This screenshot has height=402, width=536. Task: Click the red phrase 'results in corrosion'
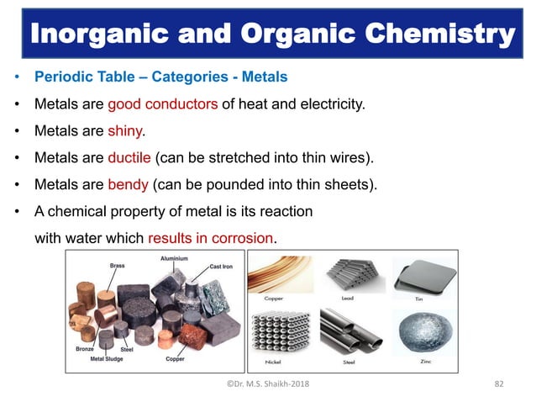click(211, 238)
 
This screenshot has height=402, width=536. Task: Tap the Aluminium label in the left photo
click(175, 259)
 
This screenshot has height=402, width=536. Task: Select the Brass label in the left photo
click(118, 265)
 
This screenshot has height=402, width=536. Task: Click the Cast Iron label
click(221, 267)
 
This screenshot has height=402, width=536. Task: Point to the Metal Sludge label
click(107, 359)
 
